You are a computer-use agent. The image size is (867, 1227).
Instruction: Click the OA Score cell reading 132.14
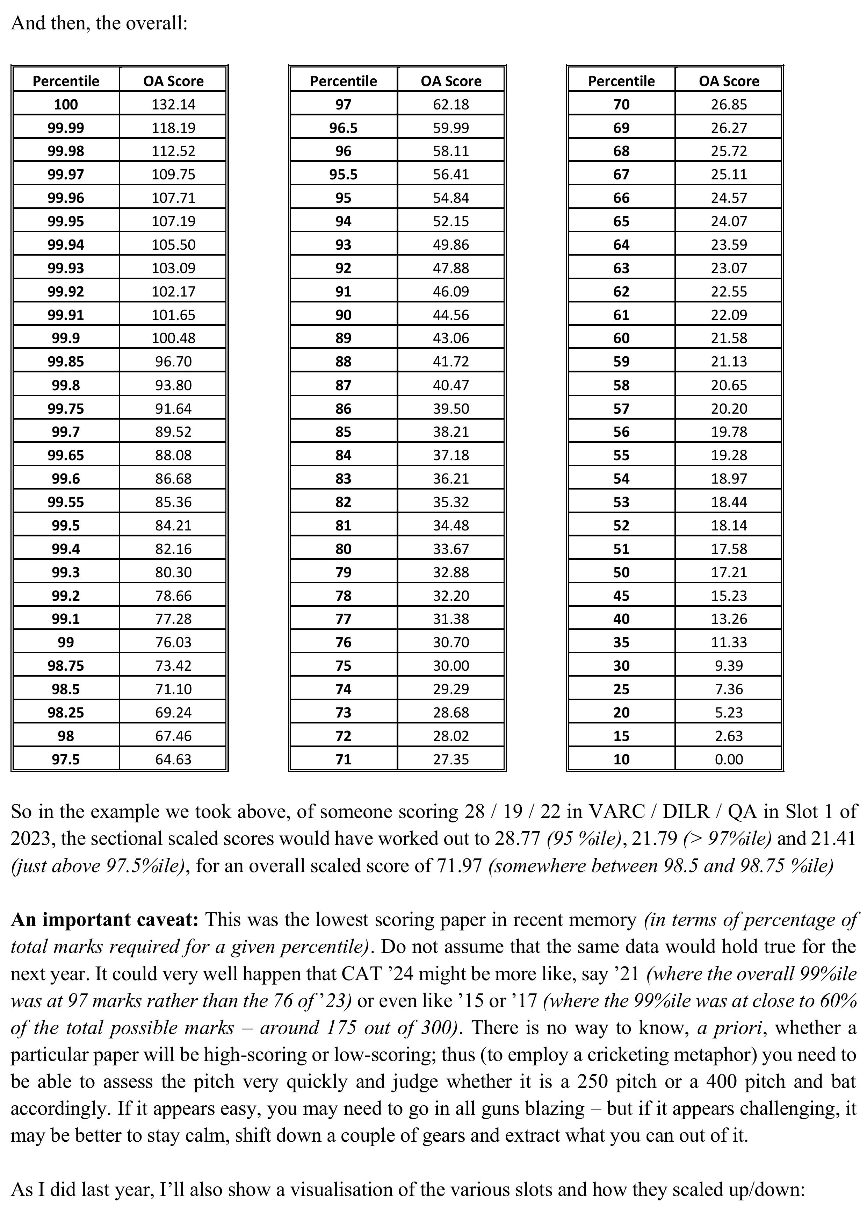click(173, 104)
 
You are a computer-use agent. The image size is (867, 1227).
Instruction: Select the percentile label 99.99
click(66, 128)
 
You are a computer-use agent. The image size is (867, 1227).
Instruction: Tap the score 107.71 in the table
click(173, 198)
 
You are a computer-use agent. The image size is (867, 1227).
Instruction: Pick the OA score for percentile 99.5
click(173, 525)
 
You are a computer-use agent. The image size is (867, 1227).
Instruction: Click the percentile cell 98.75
click(66, 665)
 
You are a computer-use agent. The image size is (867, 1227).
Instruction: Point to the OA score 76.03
click(173, 642)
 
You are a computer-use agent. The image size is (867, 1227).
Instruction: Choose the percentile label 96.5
click(344, 128)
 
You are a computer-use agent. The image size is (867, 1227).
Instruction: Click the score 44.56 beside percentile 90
click(451, 315)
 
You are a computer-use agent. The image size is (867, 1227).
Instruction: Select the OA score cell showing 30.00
click(451, 665)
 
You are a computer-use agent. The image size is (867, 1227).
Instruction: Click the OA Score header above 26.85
click(729, 81)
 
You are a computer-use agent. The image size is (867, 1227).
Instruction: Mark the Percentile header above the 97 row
click(344, 81)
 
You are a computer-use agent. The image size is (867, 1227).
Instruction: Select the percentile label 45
click(621, 595)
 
